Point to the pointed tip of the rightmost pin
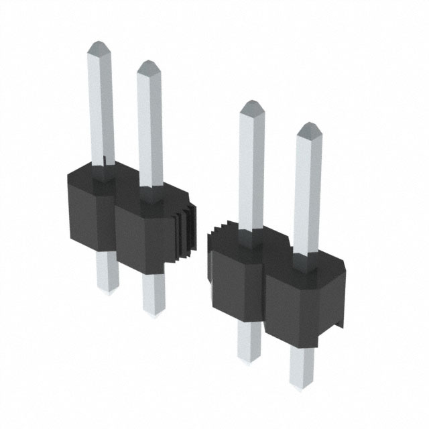point(308,129)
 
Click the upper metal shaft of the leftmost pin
point(101,107)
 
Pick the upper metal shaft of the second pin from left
point(150,127)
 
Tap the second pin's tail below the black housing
point(154,295)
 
